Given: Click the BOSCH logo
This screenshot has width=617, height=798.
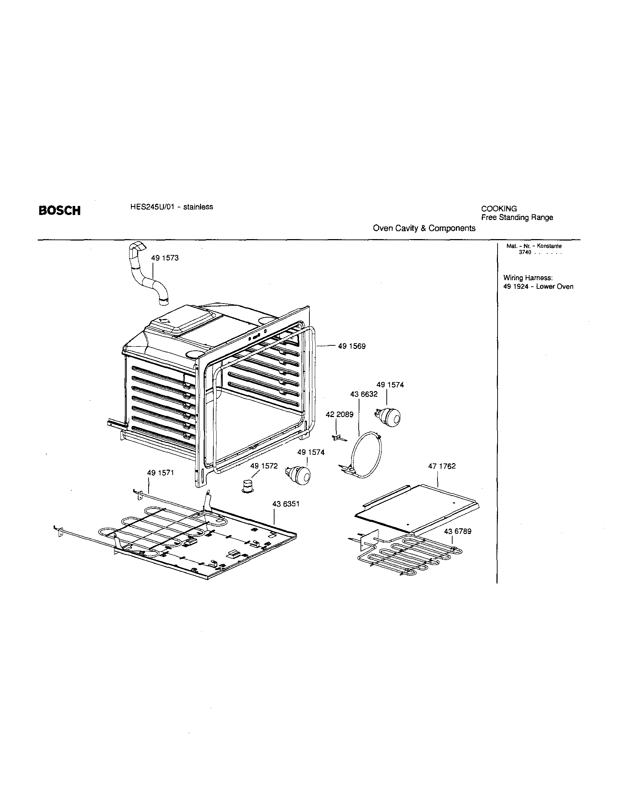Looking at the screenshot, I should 59,211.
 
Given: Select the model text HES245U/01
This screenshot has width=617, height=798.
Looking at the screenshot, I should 150,207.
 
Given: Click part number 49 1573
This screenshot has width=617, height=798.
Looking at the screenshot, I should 165,258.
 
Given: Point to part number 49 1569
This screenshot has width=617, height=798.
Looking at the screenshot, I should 351,346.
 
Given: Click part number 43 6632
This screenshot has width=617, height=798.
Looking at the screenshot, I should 364,394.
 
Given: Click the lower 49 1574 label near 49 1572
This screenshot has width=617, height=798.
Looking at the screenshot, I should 311,452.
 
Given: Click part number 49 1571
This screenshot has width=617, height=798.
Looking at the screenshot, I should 160,473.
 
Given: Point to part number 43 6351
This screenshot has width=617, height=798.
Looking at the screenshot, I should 286,504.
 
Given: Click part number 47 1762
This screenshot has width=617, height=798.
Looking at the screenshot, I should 442,466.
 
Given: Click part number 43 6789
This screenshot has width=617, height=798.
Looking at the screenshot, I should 458,531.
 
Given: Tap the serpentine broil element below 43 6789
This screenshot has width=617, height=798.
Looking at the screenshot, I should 409,555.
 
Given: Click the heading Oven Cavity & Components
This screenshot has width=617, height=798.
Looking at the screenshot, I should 424,228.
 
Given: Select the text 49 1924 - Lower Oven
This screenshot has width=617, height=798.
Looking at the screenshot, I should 538,286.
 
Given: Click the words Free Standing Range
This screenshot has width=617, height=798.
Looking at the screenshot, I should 517,218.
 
